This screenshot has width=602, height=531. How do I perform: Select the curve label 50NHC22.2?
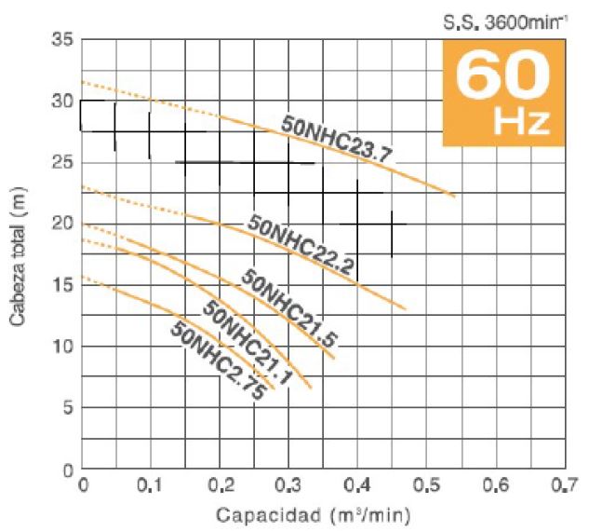pos(300,245)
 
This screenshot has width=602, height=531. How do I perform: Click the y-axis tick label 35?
pos(62,40)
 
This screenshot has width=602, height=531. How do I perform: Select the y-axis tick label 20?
pos(62,224)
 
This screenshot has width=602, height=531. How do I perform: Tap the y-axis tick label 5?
pos(68,408)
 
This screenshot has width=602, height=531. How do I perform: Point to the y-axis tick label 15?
pos(62,285)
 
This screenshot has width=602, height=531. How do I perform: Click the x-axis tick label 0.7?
pos(565,485)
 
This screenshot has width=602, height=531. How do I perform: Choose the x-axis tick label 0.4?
pos(357,485)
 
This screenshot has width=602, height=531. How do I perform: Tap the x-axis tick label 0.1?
pos(150,485)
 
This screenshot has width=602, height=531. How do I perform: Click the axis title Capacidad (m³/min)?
pos(313,515)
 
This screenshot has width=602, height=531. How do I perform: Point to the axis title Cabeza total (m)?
pos(18,256)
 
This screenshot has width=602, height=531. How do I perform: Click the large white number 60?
pos(502,76)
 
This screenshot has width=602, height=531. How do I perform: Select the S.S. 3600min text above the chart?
pos(505,23)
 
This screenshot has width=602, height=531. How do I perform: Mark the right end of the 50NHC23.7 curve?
pos(455,197)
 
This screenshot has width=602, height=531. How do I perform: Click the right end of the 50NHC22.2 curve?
pos(405,308)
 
